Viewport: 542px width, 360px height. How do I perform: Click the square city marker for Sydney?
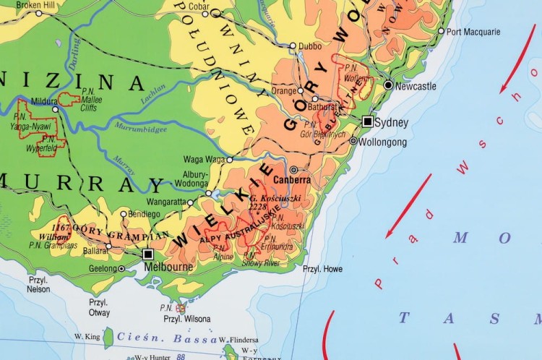[368, 121]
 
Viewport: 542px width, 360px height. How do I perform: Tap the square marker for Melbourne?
[148, 254]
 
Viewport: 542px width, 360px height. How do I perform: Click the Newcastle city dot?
[389, 85]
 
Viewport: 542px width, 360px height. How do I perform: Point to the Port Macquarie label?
[473, 32]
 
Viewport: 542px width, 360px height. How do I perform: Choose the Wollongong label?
[384, 142]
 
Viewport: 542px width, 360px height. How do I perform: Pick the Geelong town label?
[101, 268]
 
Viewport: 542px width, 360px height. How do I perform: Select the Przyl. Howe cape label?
[323, 269]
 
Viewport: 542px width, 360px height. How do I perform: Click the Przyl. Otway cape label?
[99, 307]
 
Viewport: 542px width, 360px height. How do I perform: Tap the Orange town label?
[283, 91]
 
